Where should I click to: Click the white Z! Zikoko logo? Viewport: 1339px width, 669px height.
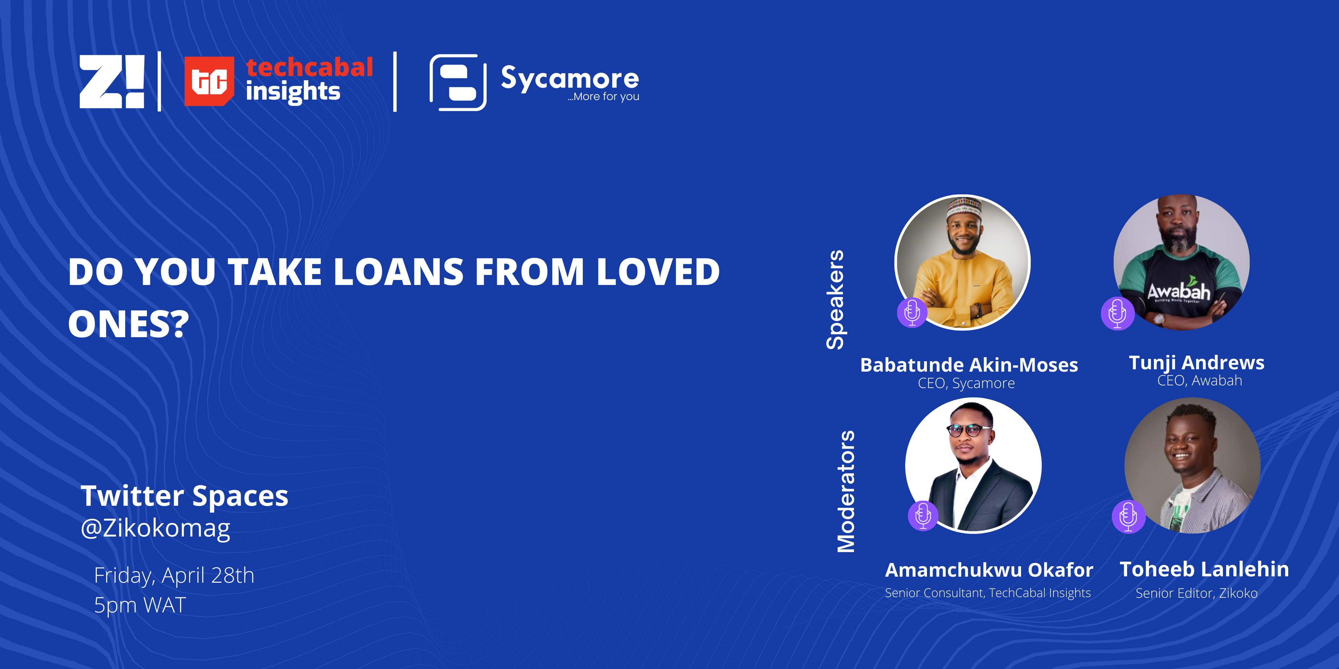(112, 82)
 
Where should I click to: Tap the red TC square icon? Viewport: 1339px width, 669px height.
(209, 81)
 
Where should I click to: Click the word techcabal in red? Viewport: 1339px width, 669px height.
(309, 68)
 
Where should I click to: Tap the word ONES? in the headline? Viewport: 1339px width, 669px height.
(129, 324)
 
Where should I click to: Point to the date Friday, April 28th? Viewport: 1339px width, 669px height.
(174, 575)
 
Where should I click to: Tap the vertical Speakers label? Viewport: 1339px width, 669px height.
(835, 300)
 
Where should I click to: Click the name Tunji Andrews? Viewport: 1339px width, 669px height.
(1197, 363)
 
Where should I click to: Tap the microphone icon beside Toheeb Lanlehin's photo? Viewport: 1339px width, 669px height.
(1128, 517)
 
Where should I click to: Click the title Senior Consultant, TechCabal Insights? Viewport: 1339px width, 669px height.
(988, 593)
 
